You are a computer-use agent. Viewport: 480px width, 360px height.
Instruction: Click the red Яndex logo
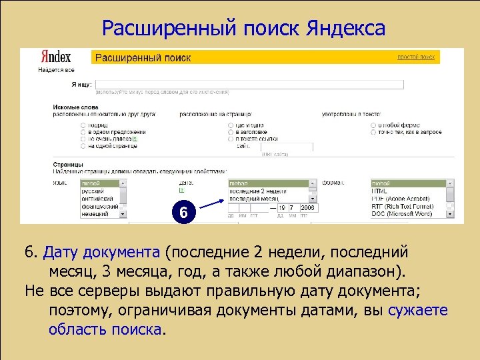pos(56,57)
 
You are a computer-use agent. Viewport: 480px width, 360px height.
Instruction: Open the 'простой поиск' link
pos(417,58)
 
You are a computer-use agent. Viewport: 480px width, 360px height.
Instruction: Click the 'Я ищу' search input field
pos(251,85)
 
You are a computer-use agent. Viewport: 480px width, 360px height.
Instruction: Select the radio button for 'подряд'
pos(83,125)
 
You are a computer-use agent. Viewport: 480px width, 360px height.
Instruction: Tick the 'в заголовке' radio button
pos(231,132)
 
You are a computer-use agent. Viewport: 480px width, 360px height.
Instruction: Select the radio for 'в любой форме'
pos(373,125)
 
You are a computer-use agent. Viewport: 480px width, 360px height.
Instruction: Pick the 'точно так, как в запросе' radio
pos(373,132)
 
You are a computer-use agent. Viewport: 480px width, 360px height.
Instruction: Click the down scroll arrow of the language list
pos(122,213)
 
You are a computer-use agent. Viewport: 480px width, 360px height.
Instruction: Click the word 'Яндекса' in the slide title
pos(346,29)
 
